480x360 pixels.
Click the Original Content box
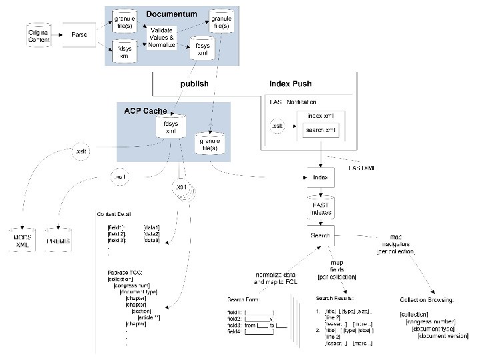[38, 37]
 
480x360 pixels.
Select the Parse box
[79, 35]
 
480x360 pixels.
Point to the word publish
[195, 84]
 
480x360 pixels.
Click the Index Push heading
[291, 84]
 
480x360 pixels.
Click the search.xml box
[318, 129]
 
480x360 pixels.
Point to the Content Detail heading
[113, 215]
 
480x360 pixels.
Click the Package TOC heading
[125, 273]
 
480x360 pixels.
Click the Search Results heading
[335, 298]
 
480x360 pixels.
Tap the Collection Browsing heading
[427, 299]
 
